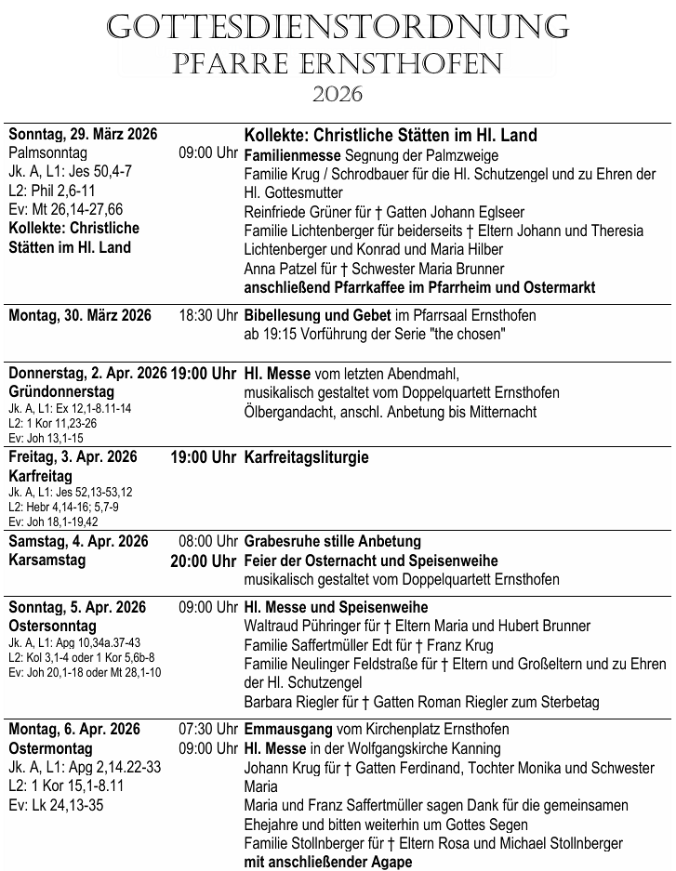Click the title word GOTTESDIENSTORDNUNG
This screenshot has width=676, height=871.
click(338, 27)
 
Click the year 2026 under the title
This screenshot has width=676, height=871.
click(338, 94)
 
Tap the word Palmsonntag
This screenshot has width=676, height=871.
click(47, 153)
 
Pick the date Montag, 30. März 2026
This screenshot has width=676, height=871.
click(80, 316)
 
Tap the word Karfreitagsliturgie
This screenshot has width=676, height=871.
click(306, 457)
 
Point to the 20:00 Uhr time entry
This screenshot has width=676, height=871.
click(204, 561)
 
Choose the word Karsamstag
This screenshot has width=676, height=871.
click(47, 561)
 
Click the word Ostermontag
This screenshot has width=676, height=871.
click(50, 748)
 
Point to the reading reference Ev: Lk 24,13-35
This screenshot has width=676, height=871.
click(56, 805)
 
